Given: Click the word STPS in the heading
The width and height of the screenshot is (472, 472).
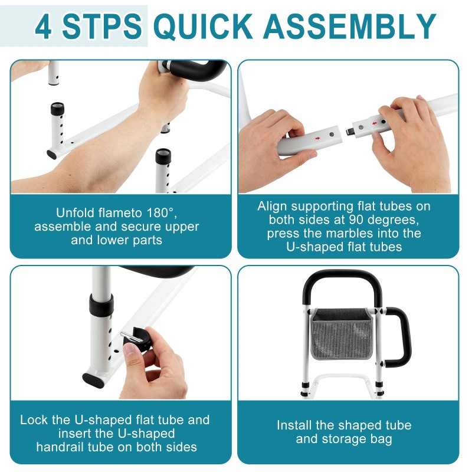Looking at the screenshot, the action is click(101, 26).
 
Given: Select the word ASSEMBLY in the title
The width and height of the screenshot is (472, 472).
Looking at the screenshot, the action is click(350, 26).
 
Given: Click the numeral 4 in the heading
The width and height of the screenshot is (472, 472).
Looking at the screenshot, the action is click(43, 26).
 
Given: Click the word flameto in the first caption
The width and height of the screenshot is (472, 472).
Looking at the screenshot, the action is click(120, 213).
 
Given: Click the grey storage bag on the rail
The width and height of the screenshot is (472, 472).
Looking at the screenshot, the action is click(342, 335).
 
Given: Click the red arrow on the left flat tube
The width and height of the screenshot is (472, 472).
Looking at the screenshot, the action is click(317, 138).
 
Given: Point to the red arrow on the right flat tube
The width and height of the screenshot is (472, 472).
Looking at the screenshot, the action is click(374, 123).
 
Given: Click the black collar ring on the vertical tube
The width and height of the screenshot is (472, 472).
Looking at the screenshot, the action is click(101, 305).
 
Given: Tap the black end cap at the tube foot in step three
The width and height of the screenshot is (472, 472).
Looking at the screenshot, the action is click(93, 380).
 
